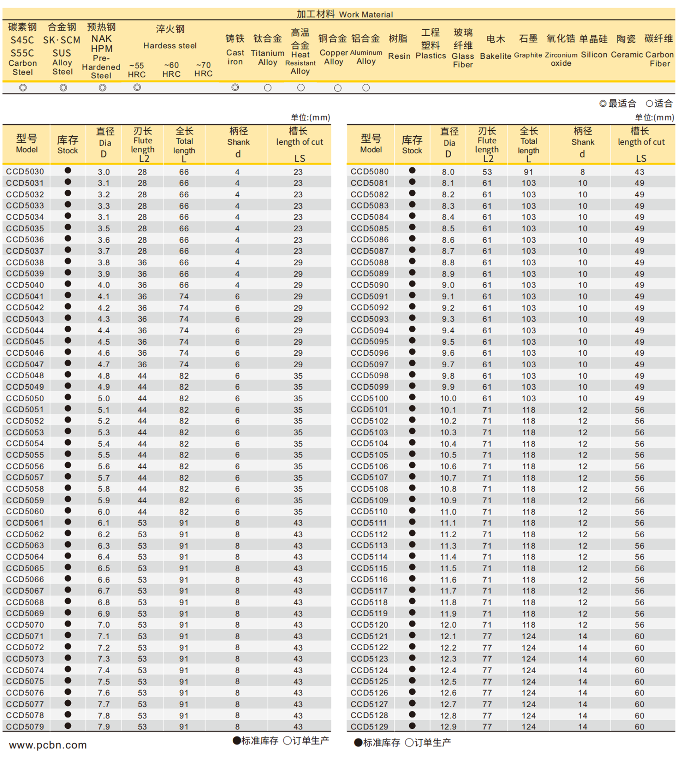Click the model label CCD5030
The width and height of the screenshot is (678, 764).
click(25, 172)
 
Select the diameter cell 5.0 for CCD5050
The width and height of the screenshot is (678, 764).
click(103, 398)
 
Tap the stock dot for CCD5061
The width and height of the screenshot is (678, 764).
click(68, 522)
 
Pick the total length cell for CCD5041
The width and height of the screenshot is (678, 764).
click(184, 296)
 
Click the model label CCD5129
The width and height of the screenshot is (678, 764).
click(369, 727)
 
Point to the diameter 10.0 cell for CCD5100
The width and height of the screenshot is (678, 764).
click(448, 398)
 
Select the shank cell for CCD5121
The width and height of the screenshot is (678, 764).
click(582, 636)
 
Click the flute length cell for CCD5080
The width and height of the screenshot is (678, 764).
click(487, 172)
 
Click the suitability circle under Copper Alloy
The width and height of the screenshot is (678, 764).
click(338, 88)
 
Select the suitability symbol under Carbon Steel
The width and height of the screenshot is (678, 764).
click(23, 88)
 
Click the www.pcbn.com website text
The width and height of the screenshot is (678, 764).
click(48, 745)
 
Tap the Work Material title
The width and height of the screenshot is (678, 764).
click(344, 14)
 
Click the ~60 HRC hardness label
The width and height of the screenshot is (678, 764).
click(171, 70)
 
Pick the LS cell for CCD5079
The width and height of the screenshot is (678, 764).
click(298, 727)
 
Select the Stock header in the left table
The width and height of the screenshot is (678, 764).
click(68, 145)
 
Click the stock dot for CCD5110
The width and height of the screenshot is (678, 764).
click(412, 511)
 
